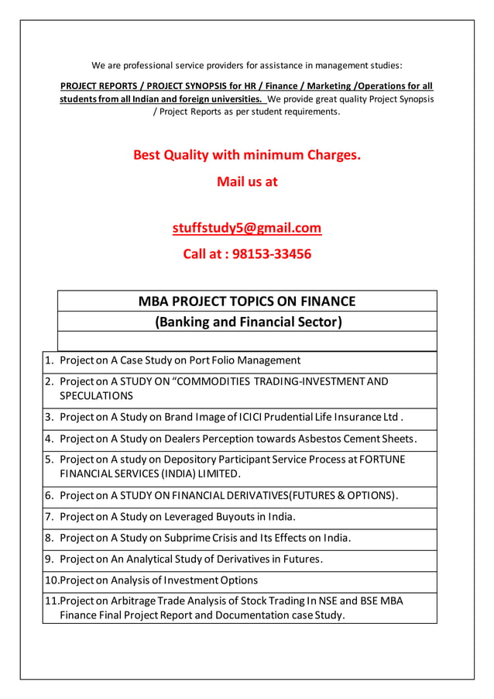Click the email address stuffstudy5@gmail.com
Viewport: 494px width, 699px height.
pos(246,228)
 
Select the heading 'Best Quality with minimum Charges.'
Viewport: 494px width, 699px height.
pos(246,155)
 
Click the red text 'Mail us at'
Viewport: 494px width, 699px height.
pos(246,182)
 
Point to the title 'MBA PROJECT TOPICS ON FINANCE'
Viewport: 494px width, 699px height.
pos(246,301)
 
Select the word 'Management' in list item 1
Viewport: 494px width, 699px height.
pos(269,360)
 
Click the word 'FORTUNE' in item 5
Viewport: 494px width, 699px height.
pos(381,460)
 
